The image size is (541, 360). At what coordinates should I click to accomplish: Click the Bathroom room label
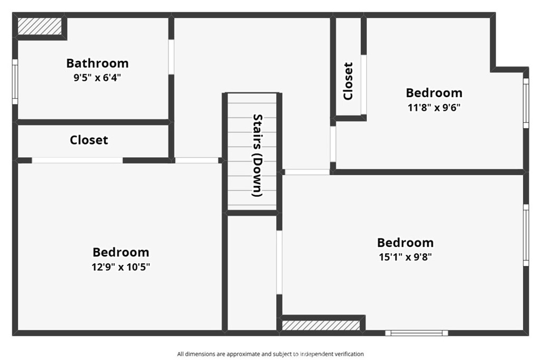(x=97, y=63)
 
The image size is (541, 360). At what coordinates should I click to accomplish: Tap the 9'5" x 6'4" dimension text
(x=97, y=77)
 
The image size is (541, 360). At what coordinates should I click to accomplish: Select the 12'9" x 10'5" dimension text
(x=121, y=267)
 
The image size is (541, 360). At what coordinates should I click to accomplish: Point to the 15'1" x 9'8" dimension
(x=405, y=257)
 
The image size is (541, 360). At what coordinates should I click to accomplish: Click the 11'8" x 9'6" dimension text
(x=434, y=108)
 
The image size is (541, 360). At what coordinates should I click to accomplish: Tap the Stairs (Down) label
(x=258, y=156)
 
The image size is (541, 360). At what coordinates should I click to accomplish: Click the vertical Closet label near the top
(x=348, y=81)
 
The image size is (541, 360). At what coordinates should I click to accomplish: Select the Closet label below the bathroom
(x=89, y=140)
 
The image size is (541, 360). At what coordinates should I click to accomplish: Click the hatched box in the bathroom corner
(x=40, y=26)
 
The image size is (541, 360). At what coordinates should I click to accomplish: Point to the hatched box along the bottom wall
(x=321, y=326)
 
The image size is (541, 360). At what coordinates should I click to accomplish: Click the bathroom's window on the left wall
(x=15, y=82)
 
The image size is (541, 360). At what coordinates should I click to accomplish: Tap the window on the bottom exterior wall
(x=416, y=333)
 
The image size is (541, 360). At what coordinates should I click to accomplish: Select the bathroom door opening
(x=171, y=57)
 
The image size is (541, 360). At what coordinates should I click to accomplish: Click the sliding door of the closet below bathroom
(x=77, y=160)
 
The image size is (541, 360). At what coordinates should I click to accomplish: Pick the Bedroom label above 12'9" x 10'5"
(x=121, y=252)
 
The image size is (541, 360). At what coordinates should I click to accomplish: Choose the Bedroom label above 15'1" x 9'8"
(x=405, y=243)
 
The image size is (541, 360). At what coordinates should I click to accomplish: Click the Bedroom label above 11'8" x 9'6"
(x=434, y=93)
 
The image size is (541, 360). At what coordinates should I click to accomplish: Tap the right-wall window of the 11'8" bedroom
(x=526, y=103)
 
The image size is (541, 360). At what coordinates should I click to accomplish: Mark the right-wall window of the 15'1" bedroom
(x=526, y=235)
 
